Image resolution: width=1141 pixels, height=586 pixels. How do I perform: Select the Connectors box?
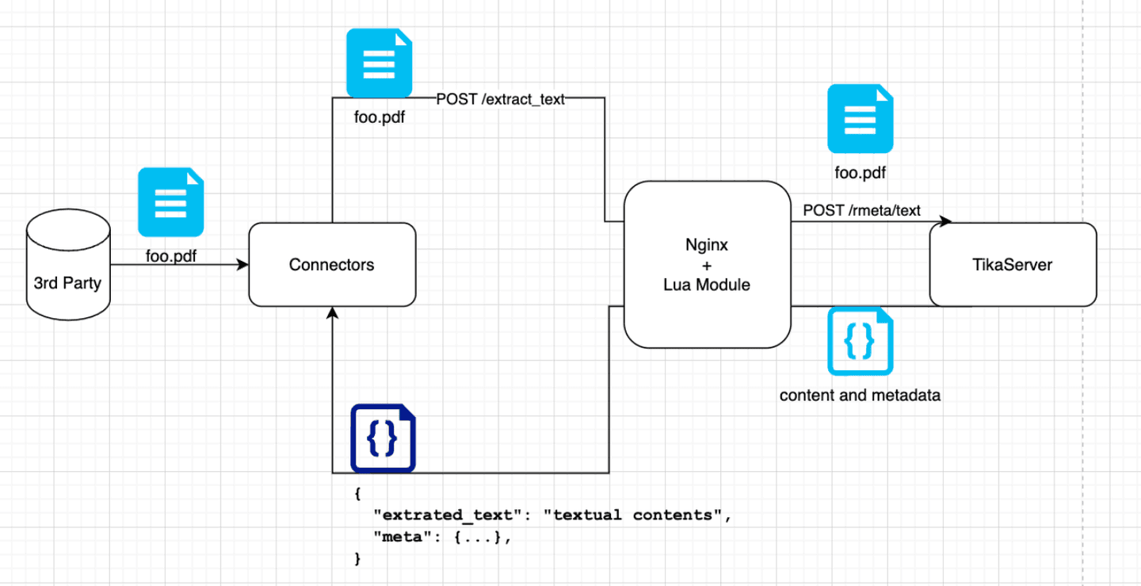click(332, 265)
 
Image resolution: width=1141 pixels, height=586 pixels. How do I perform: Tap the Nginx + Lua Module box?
click(706, 265)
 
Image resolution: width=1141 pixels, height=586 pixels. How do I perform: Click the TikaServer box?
click(1012, 265)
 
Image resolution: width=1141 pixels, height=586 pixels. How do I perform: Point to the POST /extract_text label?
click(500, 99)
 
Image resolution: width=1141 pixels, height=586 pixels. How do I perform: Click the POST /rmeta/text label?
click(861, 210)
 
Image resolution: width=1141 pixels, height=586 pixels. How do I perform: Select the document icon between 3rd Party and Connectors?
click(170, 201)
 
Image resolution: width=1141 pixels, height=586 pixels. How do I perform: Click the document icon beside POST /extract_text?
click(379, 63)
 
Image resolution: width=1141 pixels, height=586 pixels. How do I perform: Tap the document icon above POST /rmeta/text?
click(860, 118)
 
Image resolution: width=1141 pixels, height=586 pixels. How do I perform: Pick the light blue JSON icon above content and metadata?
click(860, 341)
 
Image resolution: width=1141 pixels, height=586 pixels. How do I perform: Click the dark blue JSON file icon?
click(384, 439)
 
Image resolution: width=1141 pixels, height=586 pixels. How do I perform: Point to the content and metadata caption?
click(860, 395)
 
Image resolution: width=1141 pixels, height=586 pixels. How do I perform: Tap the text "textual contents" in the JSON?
click(632, 515)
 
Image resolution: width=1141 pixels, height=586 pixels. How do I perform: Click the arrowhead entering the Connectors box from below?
click(332, 313)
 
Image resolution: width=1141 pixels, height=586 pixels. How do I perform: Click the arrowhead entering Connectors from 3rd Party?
click(242, 265)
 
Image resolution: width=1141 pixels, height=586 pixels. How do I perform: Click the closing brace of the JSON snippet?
click(357, 559)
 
